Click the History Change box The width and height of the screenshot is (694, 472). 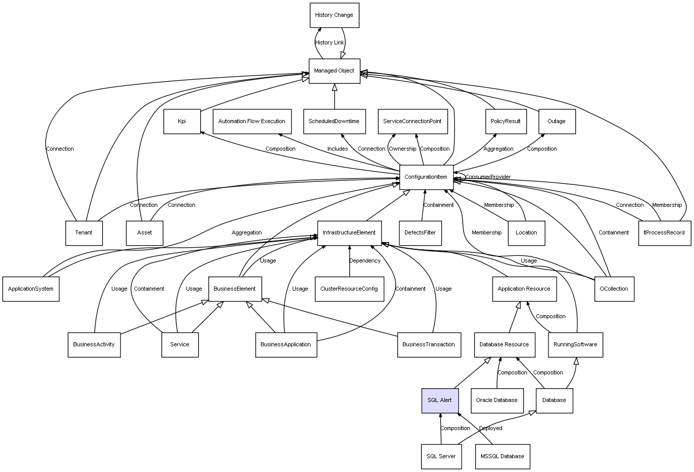[334, 15]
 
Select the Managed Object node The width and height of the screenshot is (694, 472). [334, 71]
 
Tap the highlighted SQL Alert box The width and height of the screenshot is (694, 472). [440, 400]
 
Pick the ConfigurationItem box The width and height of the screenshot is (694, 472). [426, 177]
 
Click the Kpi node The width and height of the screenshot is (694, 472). [182, 122]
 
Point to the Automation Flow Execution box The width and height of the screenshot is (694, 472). [252, 122]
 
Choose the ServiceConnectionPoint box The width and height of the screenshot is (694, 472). [413, 122]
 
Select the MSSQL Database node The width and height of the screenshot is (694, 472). [502, 457]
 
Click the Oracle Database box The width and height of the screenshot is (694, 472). [497, 400]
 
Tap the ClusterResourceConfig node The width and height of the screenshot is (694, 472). [349, 289]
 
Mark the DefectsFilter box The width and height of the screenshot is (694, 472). [420, 233]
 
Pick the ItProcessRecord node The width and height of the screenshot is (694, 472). [664, 233]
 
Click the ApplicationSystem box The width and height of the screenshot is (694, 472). [31, 289]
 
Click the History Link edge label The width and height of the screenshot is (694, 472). [329, 43]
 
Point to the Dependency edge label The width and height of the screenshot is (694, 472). [365, 261]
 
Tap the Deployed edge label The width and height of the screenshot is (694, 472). [490, 428]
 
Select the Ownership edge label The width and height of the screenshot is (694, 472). [402, 149]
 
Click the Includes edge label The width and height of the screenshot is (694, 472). [338, 149]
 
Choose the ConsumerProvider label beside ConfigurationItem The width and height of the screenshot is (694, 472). [488, 177]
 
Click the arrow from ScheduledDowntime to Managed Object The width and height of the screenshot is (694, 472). [334, 97]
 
